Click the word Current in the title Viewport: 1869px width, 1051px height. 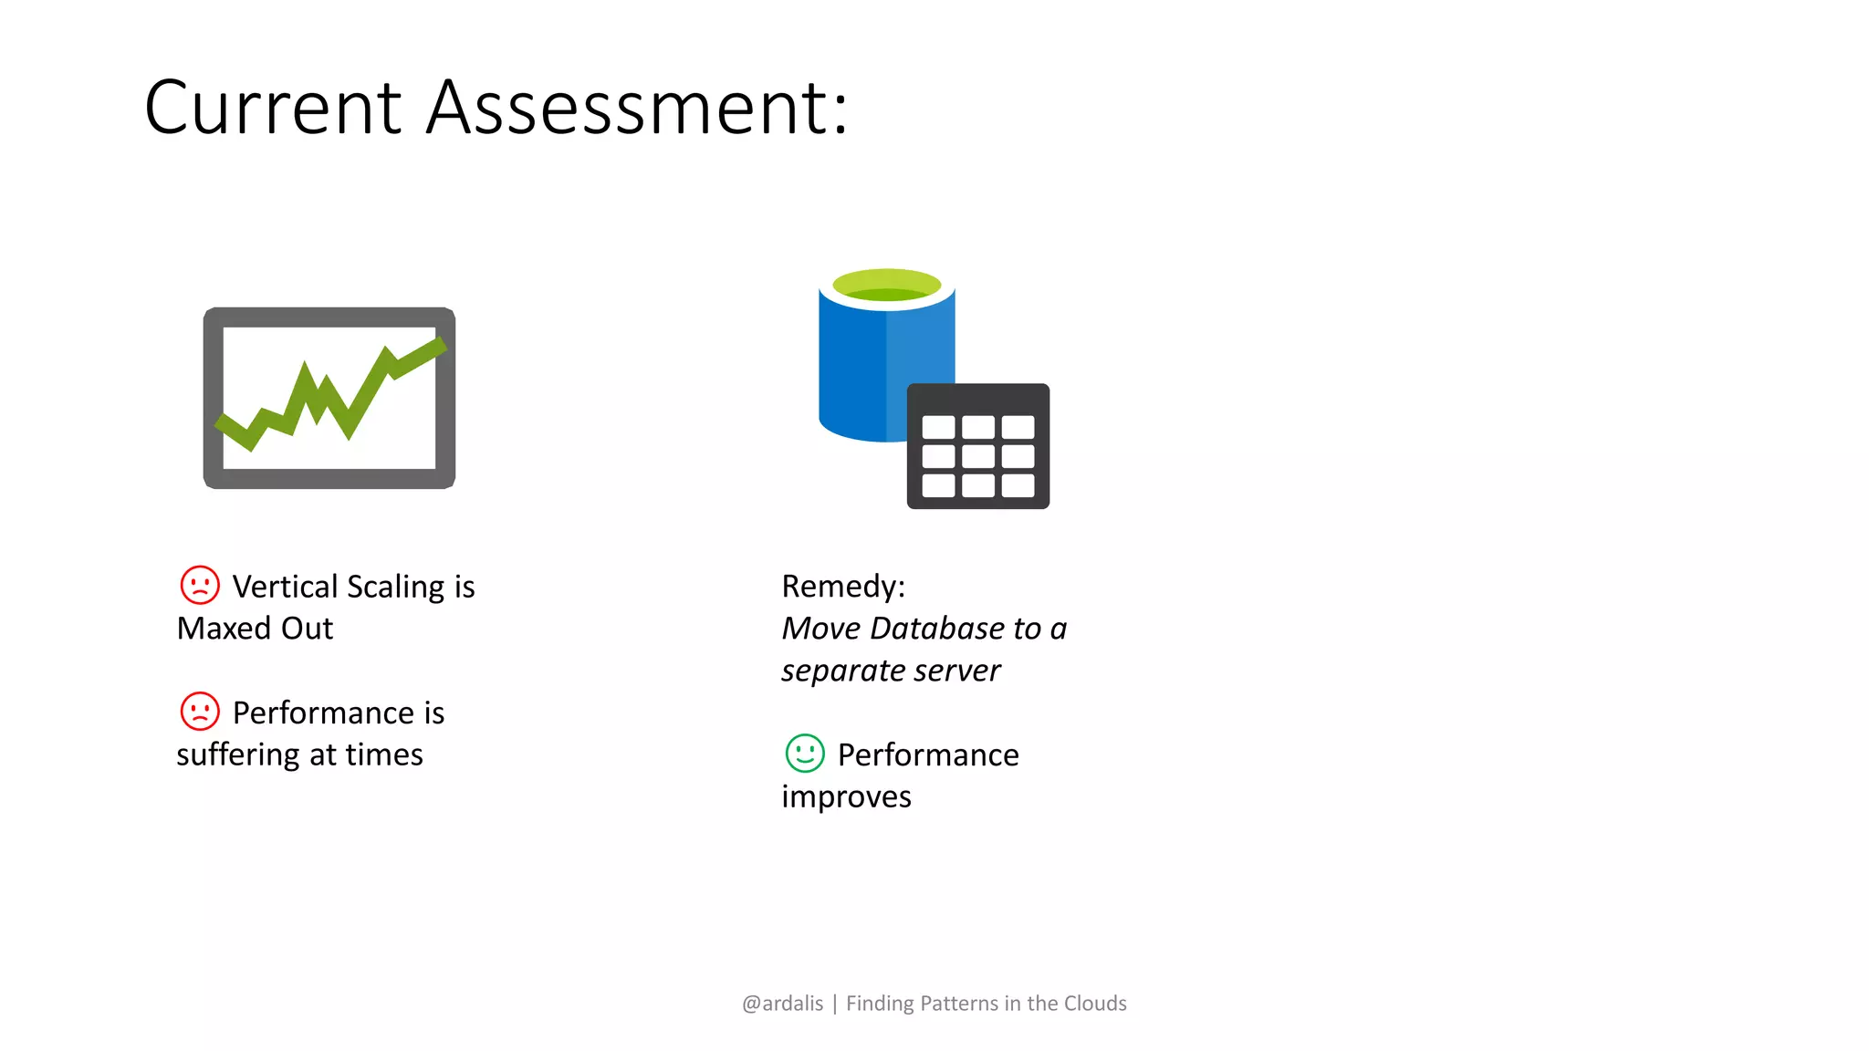[x=273, y=108]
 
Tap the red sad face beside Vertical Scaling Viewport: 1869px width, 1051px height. [x=200, y=585]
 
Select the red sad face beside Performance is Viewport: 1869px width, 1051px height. [x=200, y=712]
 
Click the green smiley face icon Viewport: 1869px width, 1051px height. [x=805, y=754]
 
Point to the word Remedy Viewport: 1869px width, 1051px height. [x=840, y=586]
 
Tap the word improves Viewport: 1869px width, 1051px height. [x=846, y=796]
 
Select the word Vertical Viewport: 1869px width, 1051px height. [x=285, y=587]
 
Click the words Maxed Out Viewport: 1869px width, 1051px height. [x=255, y=629]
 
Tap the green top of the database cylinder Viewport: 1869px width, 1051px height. [x=886, y=284]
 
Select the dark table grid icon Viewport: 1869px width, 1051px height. [x=977, y=446]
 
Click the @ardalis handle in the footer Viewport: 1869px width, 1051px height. [x=782, y=1004]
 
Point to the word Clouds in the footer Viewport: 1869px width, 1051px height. [x=1095, y=1004]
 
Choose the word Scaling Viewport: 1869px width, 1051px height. [x=395, y=588]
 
